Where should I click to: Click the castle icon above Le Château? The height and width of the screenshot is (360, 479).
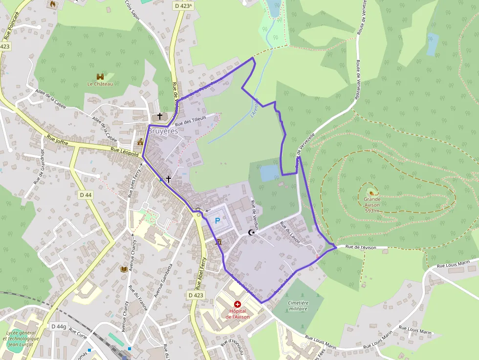(100, 77)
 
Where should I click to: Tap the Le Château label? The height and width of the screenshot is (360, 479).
(100, 84)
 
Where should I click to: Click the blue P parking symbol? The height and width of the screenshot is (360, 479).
(218, 220)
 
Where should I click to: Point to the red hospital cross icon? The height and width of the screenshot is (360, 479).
(238, 304)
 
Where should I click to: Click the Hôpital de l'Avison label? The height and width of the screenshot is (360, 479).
(238, 314)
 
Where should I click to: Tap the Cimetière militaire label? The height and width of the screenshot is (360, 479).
(298, 305)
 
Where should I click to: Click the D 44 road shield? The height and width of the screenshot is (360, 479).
(85, 195)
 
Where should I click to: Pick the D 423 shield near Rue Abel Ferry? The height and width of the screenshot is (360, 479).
(196, 295)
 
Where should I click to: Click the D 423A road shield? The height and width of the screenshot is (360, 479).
(183, 6)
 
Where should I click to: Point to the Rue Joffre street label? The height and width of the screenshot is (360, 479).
(58, 140)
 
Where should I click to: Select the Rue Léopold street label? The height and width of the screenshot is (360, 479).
(125, 152)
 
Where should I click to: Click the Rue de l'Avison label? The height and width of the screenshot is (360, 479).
(361, 247)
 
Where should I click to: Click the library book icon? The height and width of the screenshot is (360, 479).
(124, 269)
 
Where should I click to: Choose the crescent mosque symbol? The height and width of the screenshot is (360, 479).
(252, 233)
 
